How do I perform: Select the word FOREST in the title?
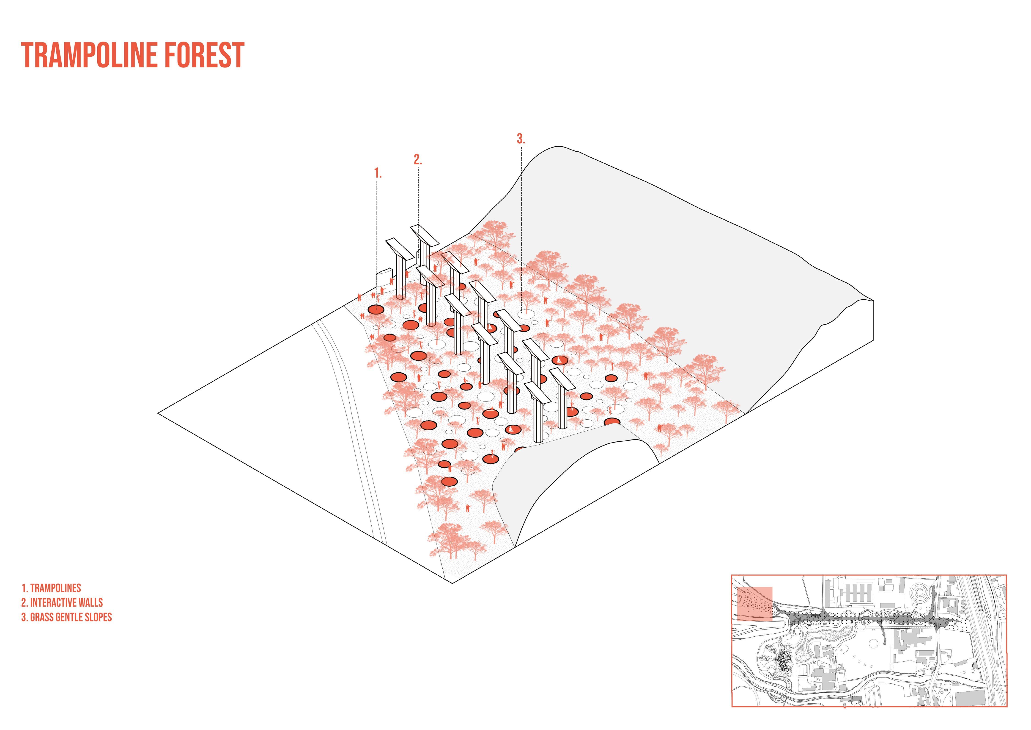(x=206, y=55)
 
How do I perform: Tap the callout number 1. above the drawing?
(x=378, y=173)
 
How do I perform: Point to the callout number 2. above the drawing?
(x=418, y=159)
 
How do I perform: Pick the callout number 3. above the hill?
(x=521, y=139)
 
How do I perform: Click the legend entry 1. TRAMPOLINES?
(x=51, y=588)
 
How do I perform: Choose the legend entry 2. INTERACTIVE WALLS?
(x=62, y=602)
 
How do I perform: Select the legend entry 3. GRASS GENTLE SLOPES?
(x=66, y=617)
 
